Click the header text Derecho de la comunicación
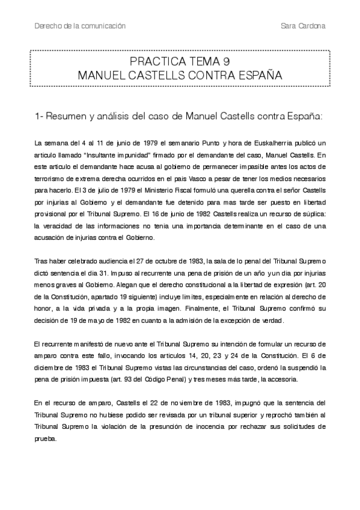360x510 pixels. tap(81, 26)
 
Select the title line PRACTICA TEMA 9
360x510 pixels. tap(179, 63)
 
